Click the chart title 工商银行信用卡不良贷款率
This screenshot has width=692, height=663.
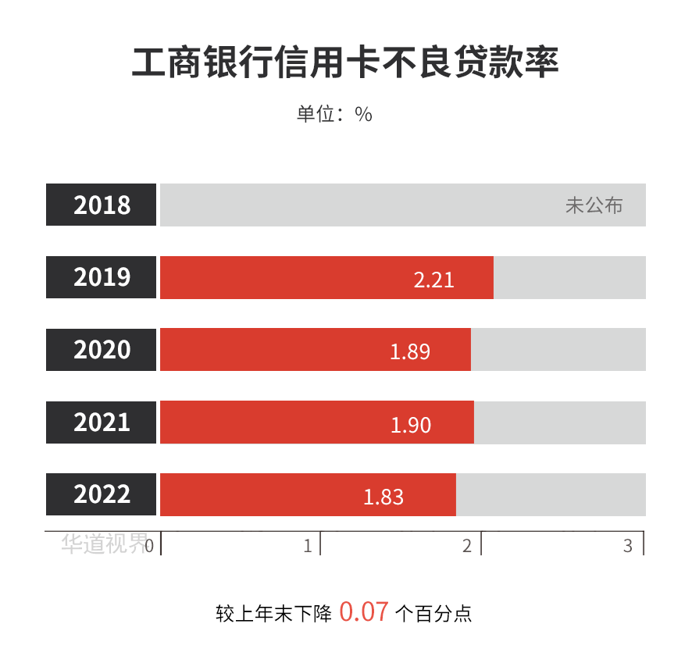pyautogui.click(x=345, y=63)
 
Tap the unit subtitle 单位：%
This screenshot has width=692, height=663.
pyautogui.click(x=334, y=114)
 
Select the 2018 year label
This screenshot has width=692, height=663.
pyautogui.click(x=102, y=205)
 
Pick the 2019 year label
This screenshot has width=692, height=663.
pyautogui.click(x=102, y=277)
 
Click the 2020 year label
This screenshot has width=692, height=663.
pyautogui.click(x=102, y=350)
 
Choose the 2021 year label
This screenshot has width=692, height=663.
pyautogui.click(x=102, y=422)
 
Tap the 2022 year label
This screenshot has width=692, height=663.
pyautogui.click(x=102, y=495)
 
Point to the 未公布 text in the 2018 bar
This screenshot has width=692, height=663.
pyautogui.click(x=594, y=206)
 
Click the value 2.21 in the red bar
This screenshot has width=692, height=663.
pyautogui.click(x=433, y=280)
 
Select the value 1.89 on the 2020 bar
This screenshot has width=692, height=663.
pyautogui.click(x=410, y=351)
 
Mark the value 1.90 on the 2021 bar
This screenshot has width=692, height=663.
pyautogui.click(x=411, y=424)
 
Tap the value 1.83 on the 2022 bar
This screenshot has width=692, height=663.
pyautogui.click(x=383, y=497)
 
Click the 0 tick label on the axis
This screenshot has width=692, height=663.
pyautogui.click(x=148, y=545)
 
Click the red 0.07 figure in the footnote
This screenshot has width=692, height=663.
pyautogui.click(x=363, y=611)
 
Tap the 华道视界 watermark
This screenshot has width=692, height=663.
pyautogui.click(x=102, y=544)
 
